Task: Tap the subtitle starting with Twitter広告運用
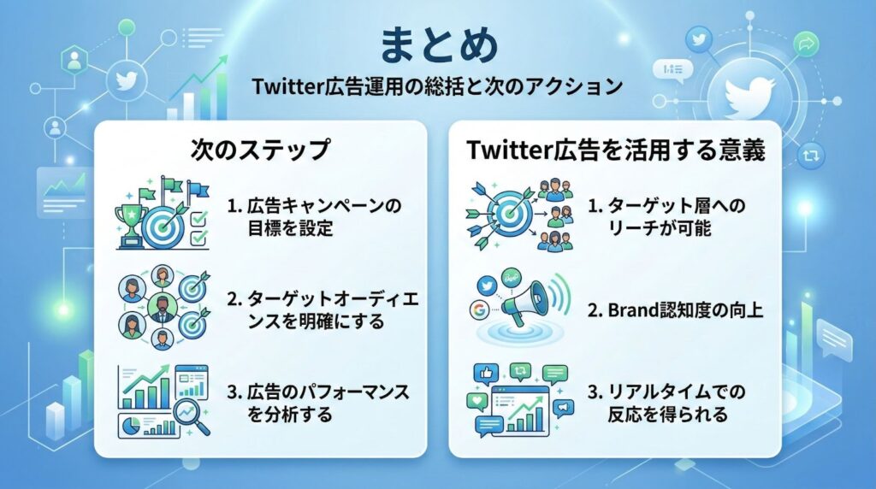pyautogui.click(x=437, y=86)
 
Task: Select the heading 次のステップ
pyautogui.click(x=260, y=150)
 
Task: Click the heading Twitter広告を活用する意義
pyautogui.click(x=616, y=150)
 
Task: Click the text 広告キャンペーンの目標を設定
pyautogui.click(x=315, y=216)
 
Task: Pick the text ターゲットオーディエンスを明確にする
pyautogui.click(x=323, y=309)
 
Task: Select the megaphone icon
pyautogui.click(x=526, y=304)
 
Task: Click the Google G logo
pyautogui.click(x=480, y=310)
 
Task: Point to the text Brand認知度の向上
pyautogui.click(x=676, y=309)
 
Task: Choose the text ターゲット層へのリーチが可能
pyautogui.click(x=666, y=216)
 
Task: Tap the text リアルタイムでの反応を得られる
pyautogui.click(x=666, y=403)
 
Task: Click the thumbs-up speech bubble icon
pyautogui.click(x=486, y=374)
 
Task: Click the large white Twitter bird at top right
pyautogui.click(x=749, y=95)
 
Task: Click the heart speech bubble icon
pyautogui.click(x=477, y=402)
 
